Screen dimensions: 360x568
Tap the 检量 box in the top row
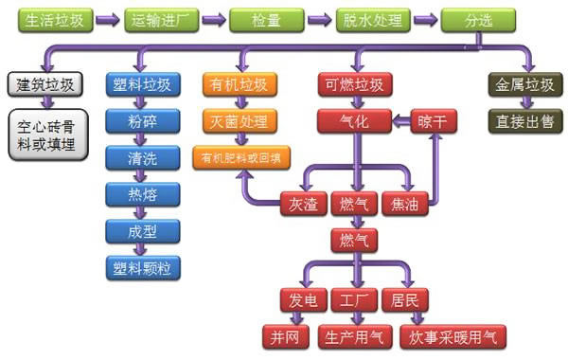coord(266,20)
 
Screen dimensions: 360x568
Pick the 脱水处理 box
coord(373,20)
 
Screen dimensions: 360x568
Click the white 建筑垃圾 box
coord(44,84)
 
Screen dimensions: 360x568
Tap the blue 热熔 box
coord(139,195)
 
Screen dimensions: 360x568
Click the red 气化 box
coord(353,120)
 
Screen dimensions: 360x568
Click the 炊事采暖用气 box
coord(453,336)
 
